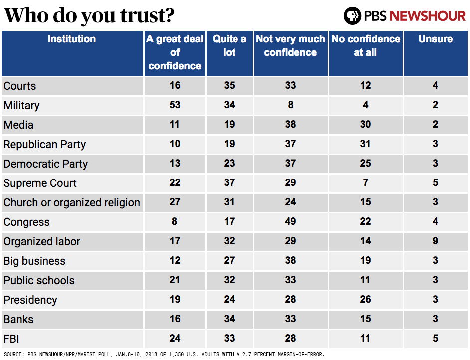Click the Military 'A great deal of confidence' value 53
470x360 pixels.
pos(175,105)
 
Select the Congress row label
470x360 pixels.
pos(26,222)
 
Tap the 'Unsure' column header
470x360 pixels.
pos(435,39)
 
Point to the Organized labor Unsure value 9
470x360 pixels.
pos(435,241)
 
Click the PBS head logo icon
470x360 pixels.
pos(352,16)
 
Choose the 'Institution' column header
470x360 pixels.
pos(71,39)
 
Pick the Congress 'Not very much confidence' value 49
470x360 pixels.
pos(290,222)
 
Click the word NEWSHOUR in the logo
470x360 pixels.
pos(427,16)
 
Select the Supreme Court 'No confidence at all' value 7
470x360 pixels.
pos(365,183)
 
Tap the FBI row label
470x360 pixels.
pos(12,339)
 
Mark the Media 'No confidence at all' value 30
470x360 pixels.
pos(365,125)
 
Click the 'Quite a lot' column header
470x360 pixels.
pos(230,46)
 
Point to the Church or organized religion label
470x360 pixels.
pos(72,203)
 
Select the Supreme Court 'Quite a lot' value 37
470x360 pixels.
pos(230,183)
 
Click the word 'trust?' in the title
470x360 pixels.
pos(147,16)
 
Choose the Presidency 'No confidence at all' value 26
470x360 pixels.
pos(365,300)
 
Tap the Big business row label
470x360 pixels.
pos(34,261)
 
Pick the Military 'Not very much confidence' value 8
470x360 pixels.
pos(290,105)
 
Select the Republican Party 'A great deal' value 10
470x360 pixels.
pos(175,144)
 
